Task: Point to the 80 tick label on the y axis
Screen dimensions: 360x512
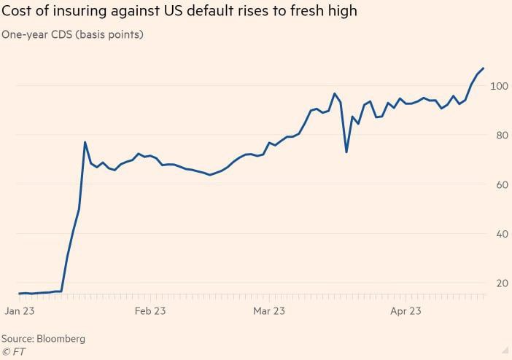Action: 499,135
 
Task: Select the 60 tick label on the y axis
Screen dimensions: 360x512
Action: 499,184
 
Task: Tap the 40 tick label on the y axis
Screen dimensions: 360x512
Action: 499,234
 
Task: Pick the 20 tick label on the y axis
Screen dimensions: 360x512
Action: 499,283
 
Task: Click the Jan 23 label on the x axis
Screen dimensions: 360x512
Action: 20,311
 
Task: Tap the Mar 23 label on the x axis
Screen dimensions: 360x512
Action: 268,311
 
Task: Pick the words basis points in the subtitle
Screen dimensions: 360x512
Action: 112,35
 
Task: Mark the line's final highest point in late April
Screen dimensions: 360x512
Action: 483,69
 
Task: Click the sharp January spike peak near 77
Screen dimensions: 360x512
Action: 85,142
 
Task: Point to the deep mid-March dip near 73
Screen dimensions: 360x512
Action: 346,152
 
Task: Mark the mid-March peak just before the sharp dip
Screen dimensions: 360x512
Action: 334,93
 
